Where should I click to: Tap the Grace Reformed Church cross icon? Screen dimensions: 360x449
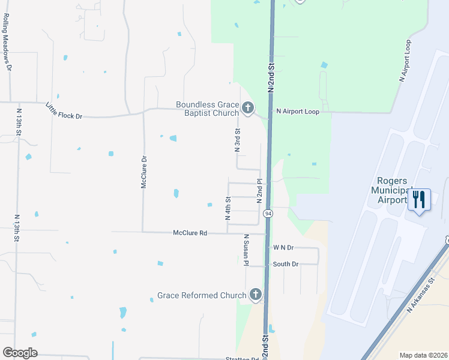pyautogui.click(x=256, y=295)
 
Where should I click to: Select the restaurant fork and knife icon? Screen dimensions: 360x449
pyautogui.click(x=419, y=199)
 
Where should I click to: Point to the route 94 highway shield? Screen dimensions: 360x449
pyautogui.click(x=268, y=214)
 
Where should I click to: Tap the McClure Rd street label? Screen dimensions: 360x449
pyautogui.click(x=190, y=233)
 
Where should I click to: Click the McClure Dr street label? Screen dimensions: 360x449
pyautogui.click(x=144, y=173)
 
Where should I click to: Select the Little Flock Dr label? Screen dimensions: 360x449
pyautogui.click(x=64, y=111)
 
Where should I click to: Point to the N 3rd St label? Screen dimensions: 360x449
pyautogui.click(x=238, y=139)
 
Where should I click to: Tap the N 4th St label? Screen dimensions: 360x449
pyautogui.click(x=228, y=209)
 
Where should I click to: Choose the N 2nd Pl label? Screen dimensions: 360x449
pyautogui.click(x=260, y=191)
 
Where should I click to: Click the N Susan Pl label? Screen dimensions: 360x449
pyautogui.click(x=246, y=250)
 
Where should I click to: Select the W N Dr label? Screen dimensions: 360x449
pyautogui.click(x=283, y=247)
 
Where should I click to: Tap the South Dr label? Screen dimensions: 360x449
pyautogui.click(x=285, y=264)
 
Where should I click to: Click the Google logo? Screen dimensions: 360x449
pyautogui.click(x=20, y=353)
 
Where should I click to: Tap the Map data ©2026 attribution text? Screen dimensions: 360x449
pyautogui.click(x=423, y=355)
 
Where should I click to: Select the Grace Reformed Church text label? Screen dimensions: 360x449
pyautogui.click(x=202, y=295)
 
